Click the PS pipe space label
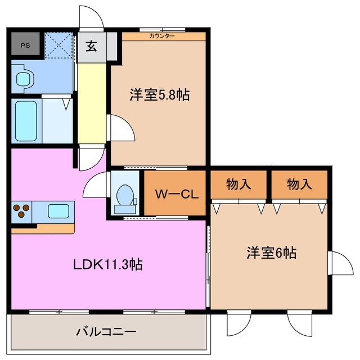(x=25, y=45)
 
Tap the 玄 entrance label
(x=91, y=46)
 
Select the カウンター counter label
(x=162, y=36)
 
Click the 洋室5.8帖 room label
(x=159, y=95)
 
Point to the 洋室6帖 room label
(x=271, y=253)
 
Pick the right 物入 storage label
(x=299, y=183)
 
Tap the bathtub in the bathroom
(x=26, y=121)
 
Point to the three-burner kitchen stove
(x=21, y=211)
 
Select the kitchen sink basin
(x=58, y=211)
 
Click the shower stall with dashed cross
(x=59, y=45)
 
